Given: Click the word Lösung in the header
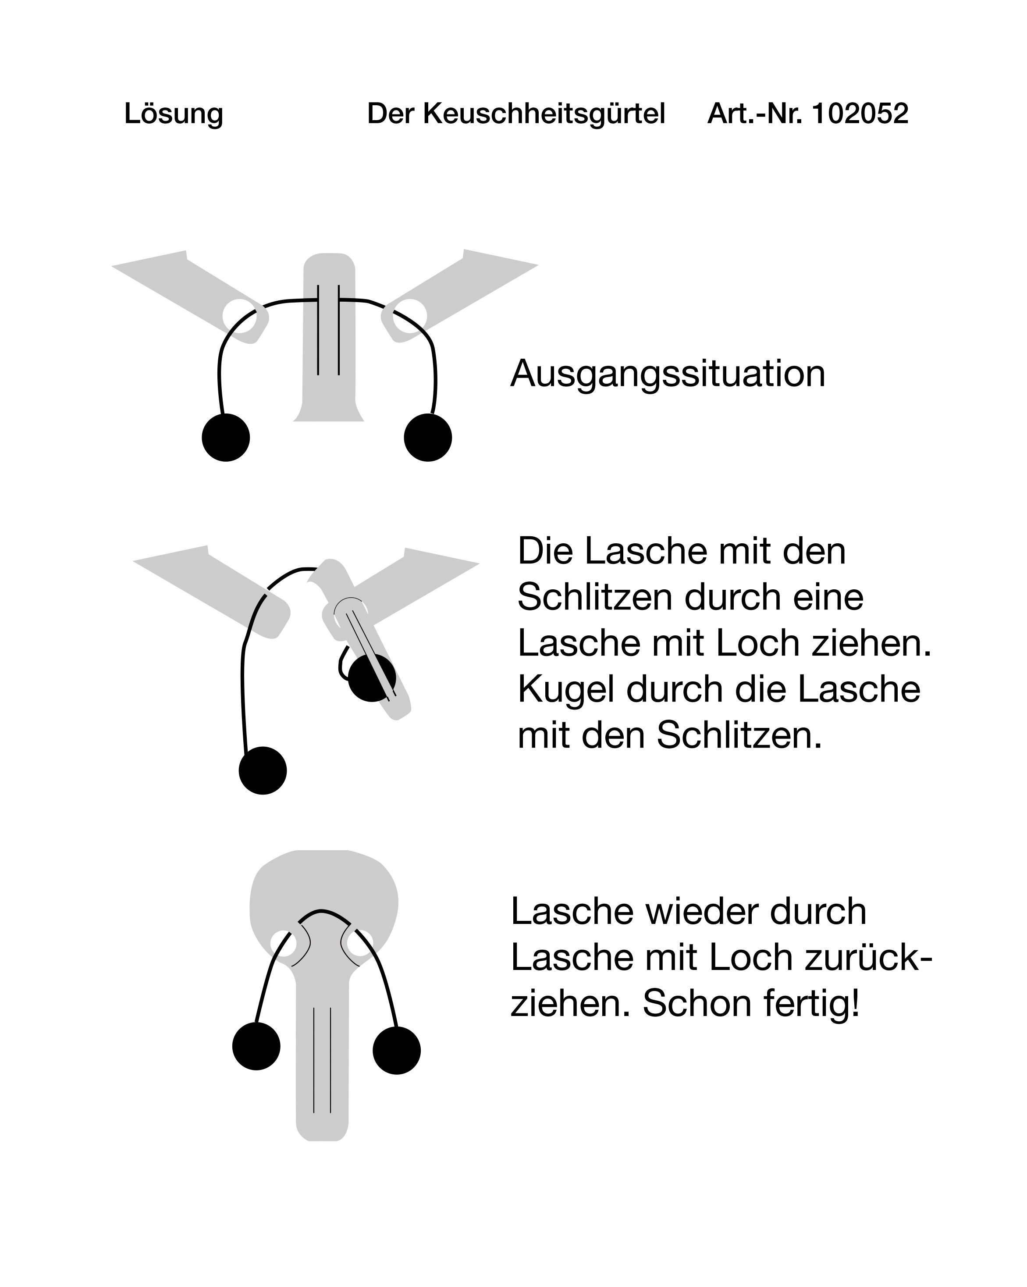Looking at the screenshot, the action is coord(174,114).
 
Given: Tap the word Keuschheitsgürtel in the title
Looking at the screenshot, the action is coord(544,114).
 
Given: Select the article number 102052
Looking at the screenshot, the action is coord(860,114).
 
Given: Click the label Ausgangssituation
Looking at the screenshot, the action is coord(668,374).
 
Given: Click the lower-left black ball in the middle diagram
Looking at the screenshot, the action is coord(263,770).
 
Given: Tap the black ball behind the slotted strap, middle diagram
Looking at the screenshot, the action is coord(372,677).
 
